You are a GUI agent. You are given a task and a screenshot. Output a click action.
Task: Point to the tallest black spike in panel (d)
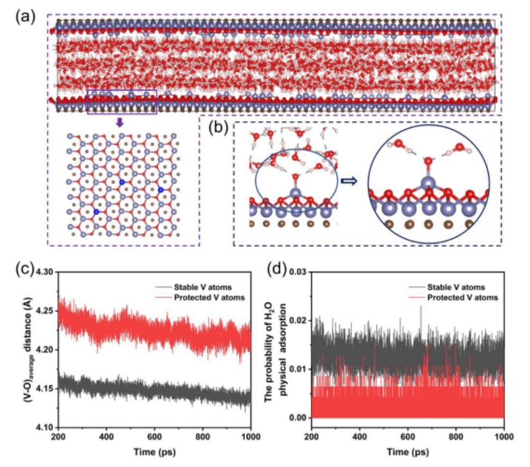click(x=421, y=307)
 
